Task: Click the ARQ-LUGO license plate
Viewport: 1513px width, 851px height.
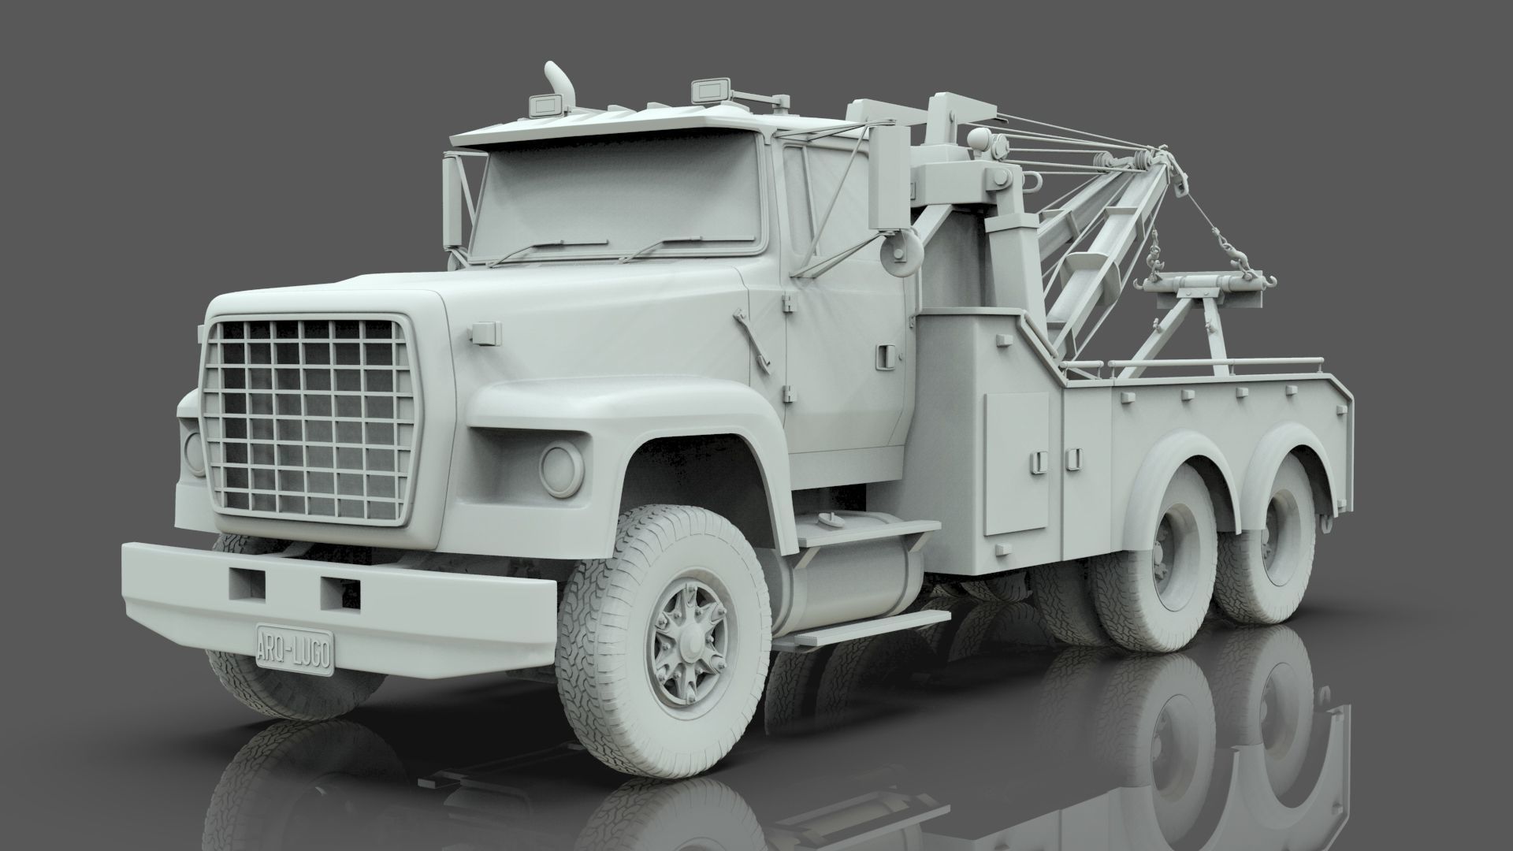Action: click(x=294, y=648)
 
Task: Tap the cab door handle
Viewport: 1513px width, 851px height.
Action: click(x=885, y=355)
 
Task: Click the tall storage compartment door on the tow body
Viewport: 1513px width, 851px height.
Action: click(x=1017, y=465)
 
